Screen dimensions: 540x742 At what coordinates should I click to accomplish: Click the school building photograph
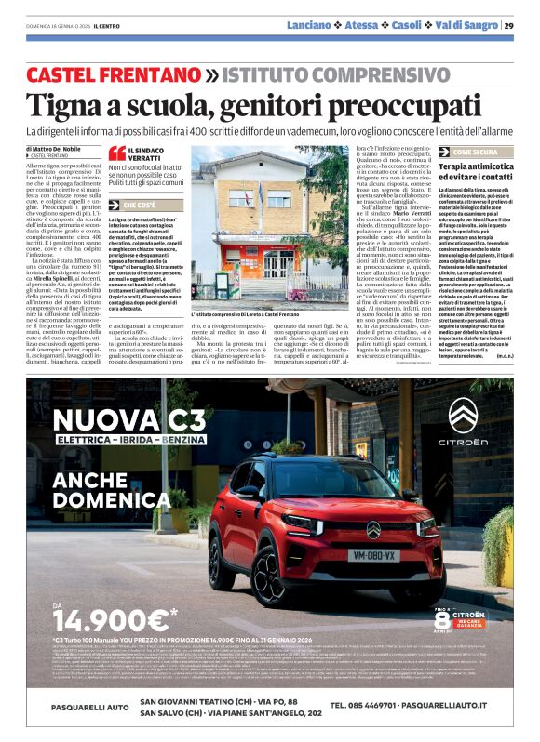268,227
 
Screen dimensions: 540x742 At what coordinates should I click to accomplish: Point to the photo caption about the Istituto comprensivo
267,316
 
